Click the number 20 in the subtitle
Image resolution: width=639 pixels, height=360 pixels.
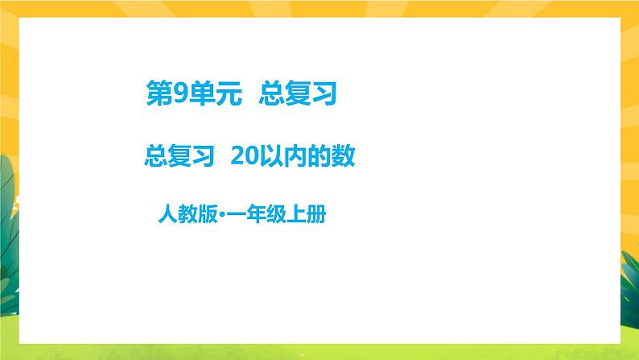coord(243,154)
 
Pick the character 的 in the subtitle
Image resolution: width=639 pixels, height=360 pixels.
coord(318,154)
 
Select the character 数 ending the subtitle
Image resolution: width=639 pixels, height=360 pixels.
coord(342,154)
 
